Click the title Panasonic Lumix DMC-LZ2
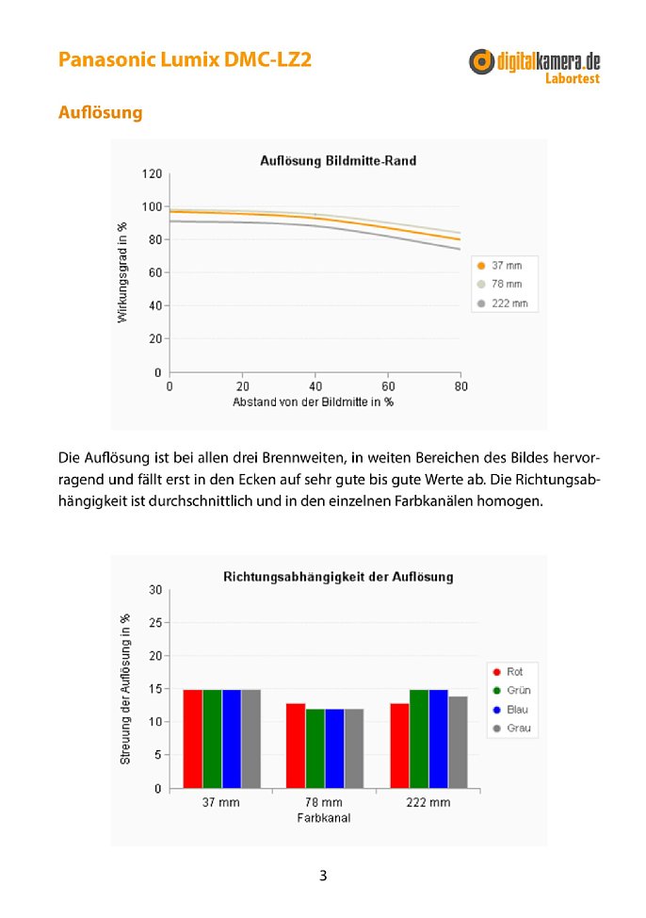pos(185,59)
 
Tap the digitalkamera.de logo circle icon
pos(481,61)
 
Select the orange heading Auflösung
pos(101,112)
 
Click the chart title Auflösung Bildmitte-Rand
pos(338,160)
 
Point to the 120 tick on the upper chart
pos(152,173)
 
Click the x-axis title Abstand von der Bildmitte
pos(313,402)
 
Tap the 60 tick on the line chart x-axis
pos(388,386)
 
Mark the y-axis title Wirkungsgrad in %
pos(121,272)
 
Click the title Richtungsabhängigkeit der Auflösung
pos(338,577)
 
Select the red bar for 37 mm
pos(192,739)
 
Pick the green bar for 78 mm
pos(315,748)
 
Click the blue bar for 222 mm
pos(438,739)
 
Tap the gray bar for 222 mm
pos(459,743)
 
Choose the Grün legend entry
pos(512,690)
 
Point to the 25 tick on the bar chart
pos(155,623)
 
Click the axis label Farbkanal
pos(324,818)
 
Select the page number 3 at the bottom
pos(323,876)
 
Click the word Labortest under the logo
pos(573,78)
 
